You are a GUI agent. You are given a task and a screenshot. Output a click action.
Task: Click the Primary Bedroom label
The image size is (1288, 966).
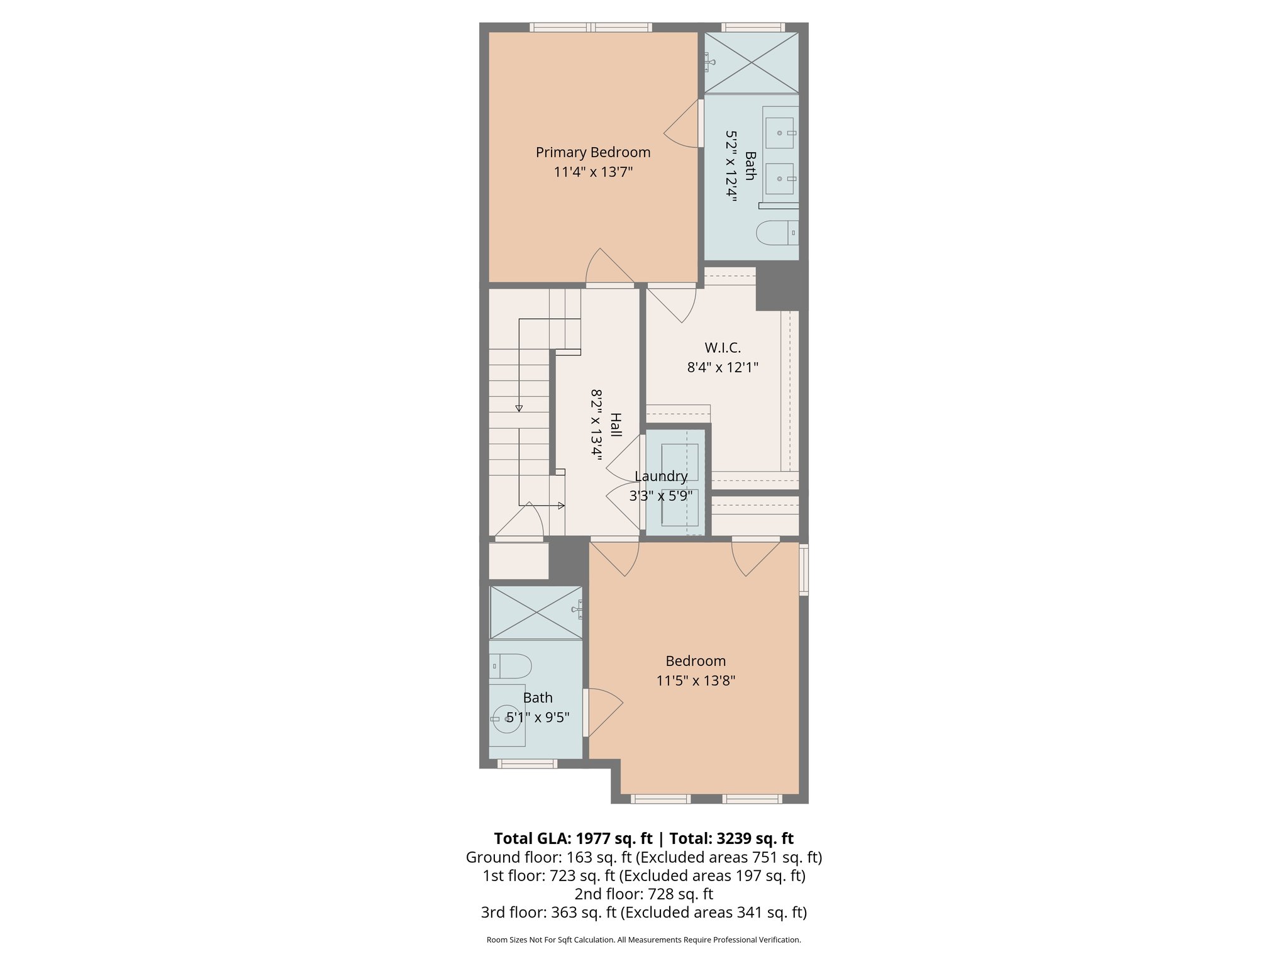pos(592,152)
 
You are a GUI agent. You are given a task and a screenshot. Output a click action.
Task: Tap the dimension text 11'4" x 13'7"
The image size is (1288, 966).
pos(592,172)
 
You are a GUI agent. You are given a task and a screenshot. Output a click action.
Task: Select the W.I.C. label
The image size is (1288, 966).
pos(723,348)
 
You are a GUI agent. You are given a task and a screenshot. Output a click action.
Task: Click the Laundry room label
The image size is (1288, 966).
pos(660,476)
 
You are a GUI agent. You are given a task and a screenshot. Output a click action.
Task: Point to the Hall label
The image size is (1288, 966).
pos(616,425)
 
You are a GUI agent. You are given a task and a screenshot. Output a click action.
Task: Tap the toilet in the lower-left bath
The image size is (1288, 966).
pos(511,665)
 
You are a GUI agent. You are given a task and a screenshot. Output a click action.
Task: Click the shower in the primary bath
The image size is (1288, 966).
pos(751,63)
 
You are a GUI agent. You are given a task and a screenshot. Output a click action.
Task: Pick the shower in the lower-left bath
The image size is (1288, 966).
pos(535,613)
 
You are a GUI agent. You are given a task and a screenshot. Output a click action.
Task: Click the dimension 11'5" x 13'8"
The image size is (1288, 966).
pos(696,680)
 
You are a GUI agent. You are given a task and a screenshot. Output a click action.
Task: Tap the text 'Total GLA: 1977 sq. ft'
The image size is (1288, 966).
pos(572,838)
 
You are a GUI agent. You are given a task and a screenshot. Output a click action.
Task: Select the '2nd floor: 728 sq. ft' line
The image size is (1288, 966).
pos(643,894)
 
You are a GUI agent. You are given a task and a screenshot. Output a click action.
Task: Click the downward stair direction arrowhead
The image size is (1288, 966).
pos(519,408)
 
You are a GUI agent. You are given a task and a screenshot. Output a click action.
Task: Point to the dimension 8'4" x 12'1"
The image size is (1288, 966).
pos(723,367)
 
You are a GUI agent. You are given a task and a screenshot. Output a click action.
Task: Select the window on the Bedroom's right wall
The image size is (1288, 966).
pos(803,569)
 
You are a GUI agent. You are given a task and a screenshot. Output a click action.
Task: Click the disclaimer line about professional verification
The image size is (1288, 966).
pos(643,940)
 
